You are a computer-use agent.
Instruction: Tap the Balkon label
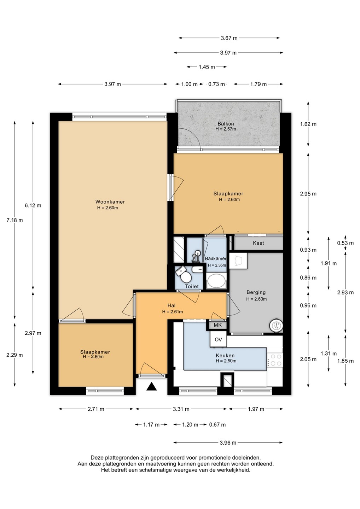pyautogui.click(x=226, y=124)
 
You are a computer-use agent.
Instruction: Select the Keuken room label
pyautogui.click(x=225, y=355)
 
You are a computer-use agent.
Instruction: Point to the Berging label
pyautogui.click(x=256, y=292)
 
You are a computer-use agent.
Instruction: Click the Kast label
pyautogui.click(x=259, y=243)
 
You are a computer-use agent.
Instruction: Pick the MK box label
pyautogui.click(x=218, y=325)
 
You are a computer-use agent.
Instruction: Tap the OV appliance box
pyautogui.click(x=218, y=339)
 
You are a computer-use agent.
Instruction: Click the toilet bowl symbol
pyautogui.click(x=184, y=276)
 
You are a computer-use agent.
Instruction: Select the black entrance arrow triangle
pyautogui.click(x=152, y=386)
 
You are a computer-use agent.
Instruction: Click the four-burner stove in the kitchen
pyautogui.click(x=275, y=360)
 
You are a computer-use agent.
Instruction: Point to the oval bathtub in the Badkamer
pyautogui.click(x=216, y=281)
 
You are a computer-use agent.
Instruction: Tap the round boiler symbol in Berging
pyautogui.click(x=276, y=325)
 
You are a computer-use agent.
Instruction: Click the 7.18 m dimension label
pyautogui.click(x=14, y=220)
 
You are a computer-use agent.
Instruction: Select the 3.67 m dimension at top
pyautogui.click(x=229, y=38)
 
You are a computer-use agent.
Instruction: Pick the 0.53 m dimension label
pyautogui.click(x=346, y=243)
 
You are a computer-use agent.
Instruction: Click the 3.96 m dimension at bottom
pyautogui.click(x=228, y=443)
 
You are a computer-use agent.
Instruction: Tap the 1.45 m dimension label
pyautogui.click(x=207, y=67)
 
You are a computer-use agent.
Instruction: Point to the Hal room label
pyautogui.click(x=172, y=306)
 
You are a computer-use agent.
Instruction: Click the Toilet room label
pyautogui.click(x=192, y=286)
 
